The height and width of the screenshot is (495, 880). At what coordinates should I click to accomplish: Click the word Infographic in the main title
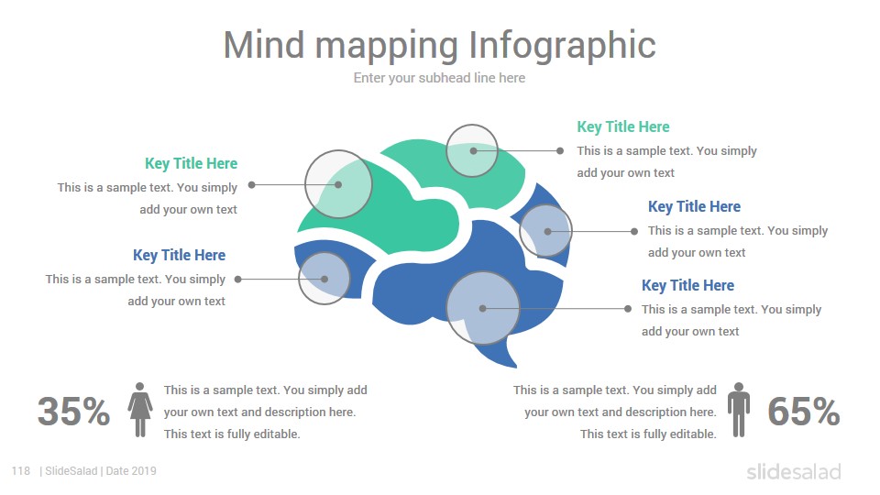point(562,45)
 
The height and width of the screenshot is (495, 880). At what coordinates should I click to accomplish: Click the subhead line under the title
point(439,78)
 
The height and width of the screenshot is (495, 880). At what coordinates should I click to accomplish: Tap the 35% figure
point(73,412)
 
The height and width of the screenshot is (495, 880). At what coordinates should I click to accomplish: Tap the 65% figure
point(804,412)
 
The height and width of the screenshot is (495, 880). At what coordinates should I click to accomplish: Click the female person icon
point(140,410)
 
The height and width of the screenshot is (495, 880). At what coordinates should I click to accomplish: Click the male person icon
point(739,410)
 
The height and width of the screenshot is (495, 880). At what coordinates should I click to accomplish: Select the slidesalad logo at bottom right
point(794,471)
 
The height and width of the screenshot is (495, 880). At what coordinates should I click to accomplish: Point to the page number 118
point(21,471)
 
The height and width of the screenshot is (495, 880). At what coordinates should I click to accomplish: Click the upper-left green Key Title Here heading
point(192,163)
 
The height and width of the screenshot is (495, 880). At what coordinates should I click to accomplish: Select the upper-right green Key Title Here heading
point(623,126)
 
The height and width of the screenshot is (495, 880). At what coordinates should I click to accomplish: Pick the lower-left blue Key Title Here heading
point(179,255)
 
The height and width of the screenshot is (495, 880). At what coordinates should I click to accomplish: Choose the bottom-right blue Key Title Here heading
point(688,285)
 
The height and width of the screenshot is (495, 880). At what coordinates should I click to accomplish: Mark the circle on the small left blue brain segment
point(324,253)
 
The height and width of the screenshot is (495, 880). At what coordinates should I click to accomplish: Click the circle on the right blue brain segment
point(545,205)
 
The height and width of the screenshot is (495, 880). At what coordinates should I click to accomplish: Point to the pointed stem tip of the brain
point(516,367)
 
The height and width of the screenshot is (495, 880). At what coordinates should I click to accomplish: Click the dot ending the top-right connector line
point(560,151)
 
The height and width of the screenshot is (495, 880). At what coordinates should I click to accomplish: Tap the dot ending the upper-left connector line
point(252,184)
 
